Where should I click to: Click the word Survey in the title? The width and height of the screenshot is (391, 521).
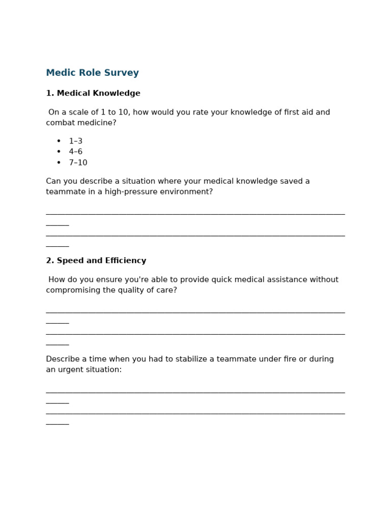point(122,73)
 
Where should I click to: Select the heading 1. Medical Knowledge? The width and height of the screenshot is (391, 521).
point(93,94)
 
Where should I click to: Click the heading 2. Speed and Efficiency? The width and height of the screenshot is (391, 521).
point(96,261)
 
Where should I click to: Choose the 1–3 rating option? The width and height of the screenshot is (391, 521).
point(75,141)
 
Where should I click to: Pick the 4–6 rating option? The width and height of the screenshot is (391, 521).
point(75,152)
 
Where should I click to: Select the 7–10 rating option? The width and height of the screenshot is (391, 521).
point(78,163)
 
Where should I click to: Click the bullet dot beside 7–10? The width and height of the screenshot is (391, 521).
point(59,163)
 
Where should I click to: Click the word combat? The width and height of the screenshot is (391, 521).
point(61,123)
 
